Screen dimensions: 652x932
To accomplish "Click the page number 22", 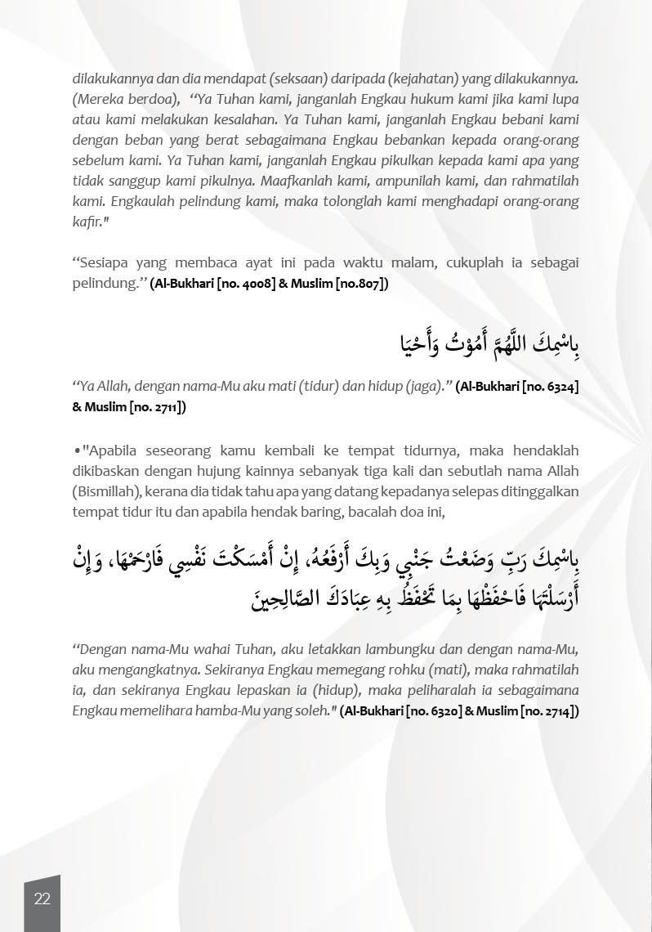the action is coord(42,898).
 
